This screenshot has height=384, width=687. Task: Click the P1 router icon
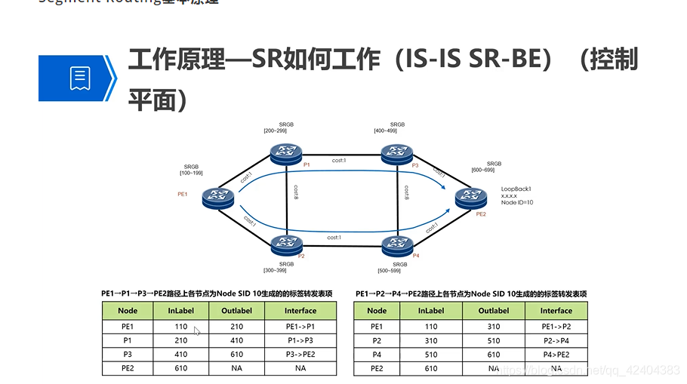pyautogui.click(x=285, y=153)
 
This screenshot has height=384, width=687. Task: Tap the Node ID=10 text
pyautogui.click(x=518, y=202)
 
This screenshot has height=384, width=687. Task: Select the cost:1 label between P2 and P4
pyautogui.click(x=334, y=238)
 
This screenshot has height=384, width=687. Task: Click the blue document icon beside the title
pyautogui.click(x=80, y=78)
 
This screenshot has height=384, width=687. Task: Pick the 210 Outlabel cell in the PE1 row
pyautogui.click(x=237, y=327)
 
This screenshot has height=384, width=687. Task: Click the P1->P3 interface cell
pyautogui.click(x=300, y=340)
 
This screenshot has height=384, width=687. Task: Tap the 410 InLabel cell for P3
pyautogui.click(x=181, y=354)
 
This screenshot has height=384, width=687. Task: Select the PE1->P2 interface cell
pyautogui.click(x=556, y=327)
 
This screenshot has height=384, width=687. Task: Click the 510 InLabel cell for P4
pyautogui.click(x=431, y=354)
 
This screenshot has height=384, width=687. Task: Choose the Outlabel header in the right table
pyautogui.click(x=494, y=311)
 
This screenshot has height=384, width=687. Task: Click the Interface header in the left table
pyautogui.click(x=300, y=311)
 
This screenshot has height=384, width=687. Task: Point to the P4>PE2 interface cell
pyautogui.click(x=556, y=354)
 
